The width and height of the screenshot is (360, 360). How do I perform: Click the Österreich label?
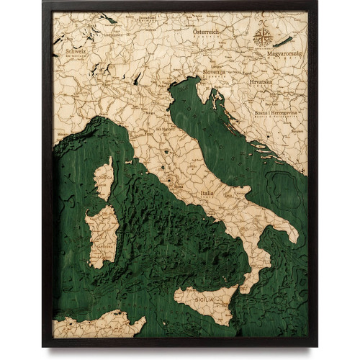(x=210, y=32)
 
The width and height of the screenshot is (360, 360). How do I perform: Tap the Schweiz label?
(x=76, y=51)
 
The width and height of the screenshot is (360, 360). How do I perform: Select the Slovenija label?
(x=213, y=72)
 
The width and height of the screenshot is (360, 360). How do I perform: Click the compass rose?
(x=261, y=37)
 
